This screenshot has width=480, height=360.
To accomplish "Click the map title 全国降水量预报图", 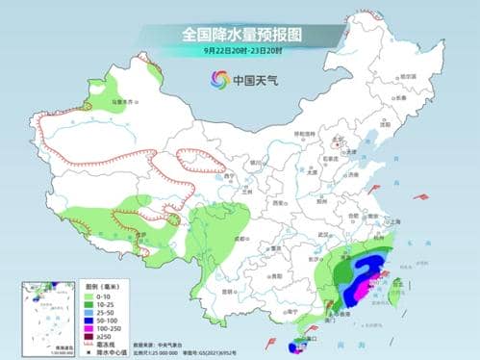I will click(x=240, y=34).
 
